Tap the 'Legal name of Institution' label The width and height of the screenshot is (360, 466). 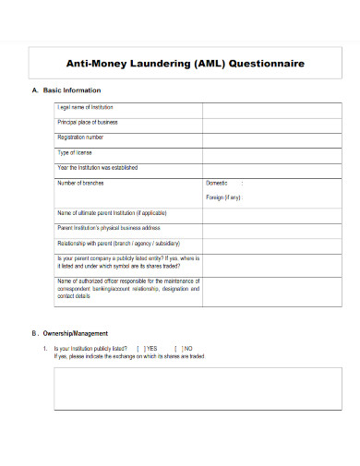point(85,108)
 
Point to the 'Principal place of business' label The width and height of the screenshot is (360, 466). point(88,123)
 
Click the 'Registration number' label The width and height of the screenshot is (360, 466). point(81,137)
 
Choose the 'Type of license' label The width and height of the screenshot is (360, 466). point(75,152)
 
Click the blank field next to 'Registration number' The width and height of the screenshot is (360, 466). point(260,138)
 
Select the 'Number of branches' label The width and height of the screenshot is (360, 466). point(83,183)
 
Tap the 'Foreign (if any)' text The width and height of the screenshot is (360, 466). point(224,197)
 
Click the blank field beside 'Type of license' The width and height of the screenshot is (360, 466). point(260,153)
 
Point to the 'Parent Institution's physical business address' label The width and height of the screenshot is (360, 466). point(109,227)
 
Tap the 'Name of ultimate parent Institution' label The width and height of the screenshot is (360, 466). point(115,212)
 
